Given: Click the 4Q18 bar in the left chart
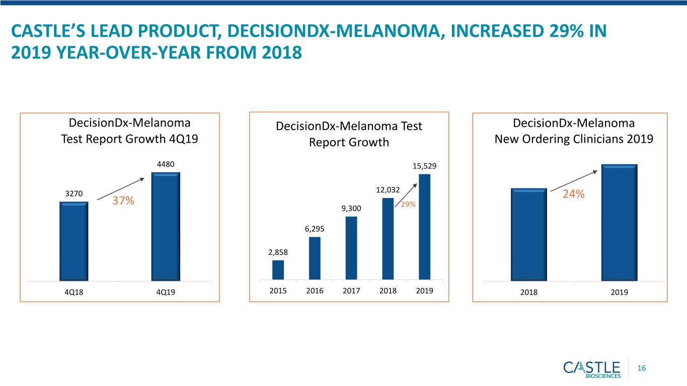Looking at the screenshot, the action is click(x=73, y=241).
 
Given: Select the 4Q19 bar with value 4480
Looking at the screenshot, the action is click(x=166, y=226).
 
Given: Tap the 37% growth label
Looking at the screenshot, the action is click(x=123, y=201).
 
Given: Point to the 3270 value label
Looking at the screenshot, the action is click(x=74, y=194).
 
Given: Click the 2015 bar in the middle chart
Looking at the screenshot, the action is click(x=278, y=270).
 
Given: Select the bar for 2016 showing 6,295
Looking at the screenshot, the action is click(x=315, y=258).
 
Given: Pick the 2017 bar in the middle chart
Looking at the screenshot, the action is click(x=351, y=248).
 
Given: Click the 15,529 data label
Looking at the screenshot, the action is click(x=424, y=166).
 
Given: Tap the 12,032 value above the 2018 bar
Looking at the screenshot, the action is click(x=388, y=190).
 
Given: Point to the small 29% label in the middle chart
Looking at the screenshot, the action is click(x=408, y=205).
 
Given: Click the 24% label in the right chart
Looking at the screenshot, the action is click(x=574, y=194).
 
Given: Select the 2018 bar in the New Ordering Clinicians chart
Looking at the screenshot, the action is click(x=529, y=234).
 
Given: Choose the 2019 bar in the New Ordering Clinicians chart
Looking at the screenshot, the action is click(x=619, y=223).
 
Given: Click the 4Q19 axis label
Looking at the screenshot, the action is click(x=166, y=292).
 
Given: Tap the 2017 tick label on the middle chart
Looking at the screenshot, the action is click(x=351, y=291).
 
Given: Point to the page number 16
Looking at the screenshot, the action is click(x=642, y=368).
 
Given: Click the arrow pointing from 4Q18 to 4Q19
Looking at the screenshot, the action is click(x=121, y=188).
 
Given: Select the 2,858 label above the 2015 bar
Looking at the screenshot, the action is click(x=278, y=252).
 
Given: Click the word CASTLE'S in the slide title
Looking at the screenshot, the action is click(x=48, y=31).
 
